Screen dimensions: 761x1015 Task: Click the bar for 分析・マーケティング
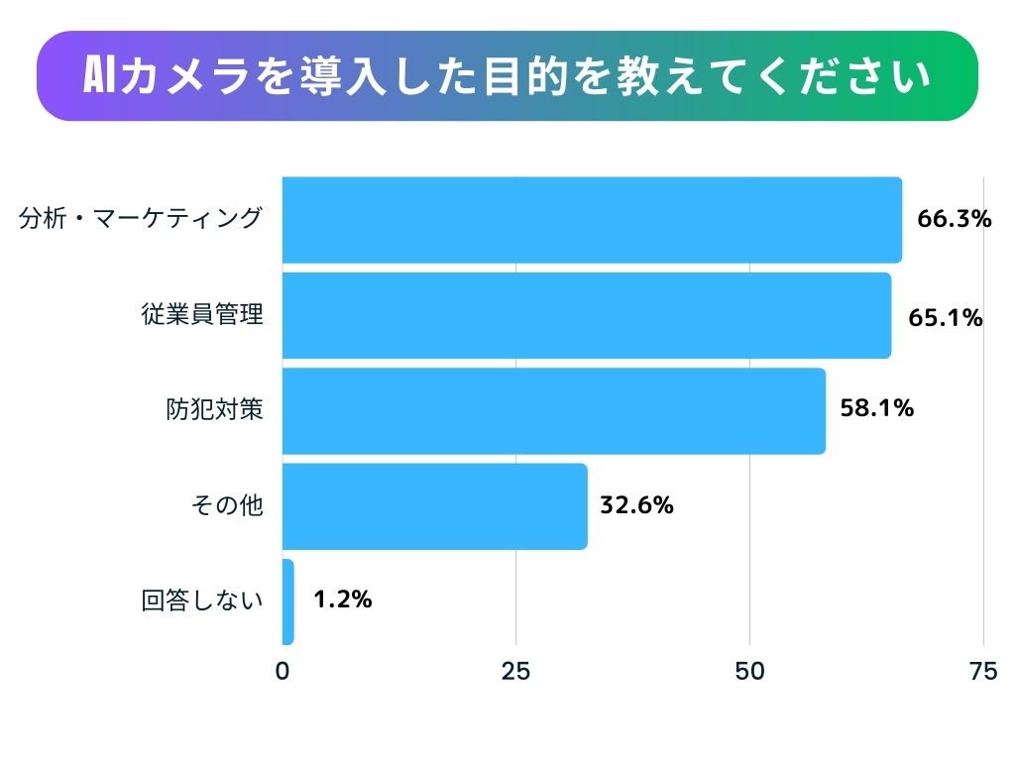click(x=592, y=220)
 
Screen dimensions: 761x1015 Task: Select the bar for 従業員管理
click(x=586, y=315)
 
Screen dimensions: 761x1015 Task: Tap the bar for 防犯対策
click(x=553, y=411)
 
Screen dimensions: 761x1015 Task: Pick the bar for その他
click(x=434, y=506)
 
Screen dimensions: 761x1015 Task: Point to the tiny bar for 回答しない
click(x=288, y=601)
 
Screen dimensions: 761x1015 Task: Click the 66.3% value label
click(x=954, y=219)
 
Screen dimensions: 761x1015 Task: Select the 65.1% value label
click(x=945, y=318)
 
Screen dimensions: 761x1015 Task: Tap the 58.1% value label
click(x=876, y=407)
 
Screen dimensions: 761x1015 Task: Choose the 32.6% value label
click(x=636, y=504)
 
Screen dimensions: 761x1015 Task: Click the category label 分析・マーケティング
click(x=142, y=218)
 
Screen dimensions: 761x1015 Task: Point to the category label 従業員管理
click(x=201, y=315)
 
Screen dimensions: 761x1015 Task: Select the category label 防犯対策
click(x=214, y=409)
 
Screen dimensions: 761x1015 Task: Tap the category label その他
click(x=227, y=505)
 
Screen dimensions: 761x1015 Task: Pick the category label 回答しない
click(x=202, y=600)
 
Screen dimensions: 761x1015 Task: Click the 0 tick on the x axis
click(x=282, y=672)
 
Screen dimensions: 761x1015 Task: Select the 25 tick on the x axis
click(x=515, y=672)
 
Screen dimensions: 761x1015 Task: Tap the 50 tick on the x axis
click(x=749, y=672)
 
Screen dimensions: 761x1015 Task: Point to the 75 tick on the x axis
click(x=982, y=672)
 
